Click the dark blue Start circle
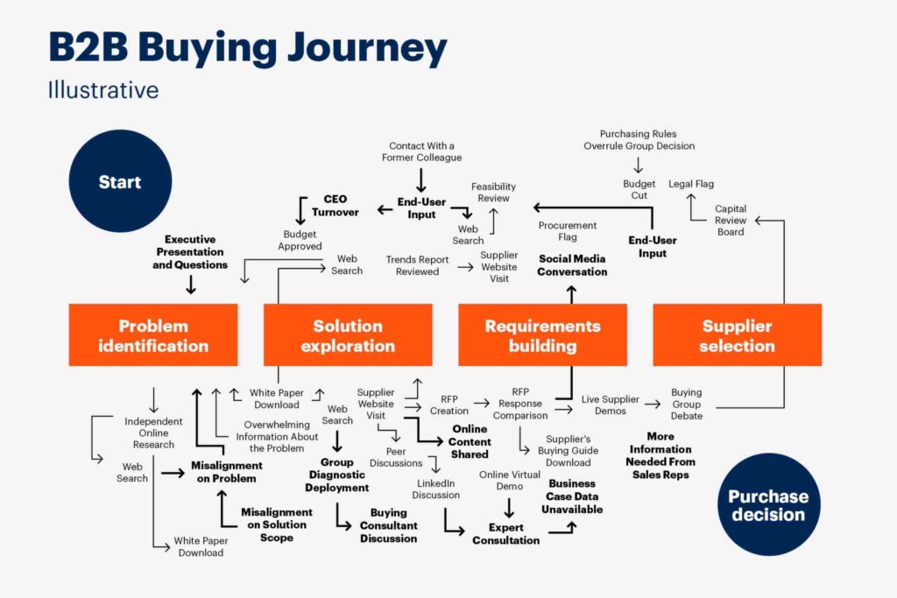pyautogui.click(x=119, y=183)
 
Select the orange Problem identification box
pyautogui.click(x=153, y=335)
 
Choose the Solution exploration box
pyautogui.click(x=348, y=335)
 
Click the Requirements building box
pyautogui.click(x=542, y=335)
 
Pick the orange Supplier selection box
pyautogui.click(x=737, y=335)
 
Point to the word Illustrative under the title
pyautogui.click(x=103, y=89)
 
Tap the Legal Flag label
pyautogui.click(x=691, y=184)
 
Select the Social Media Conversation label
pyautogui.click(x=573, y=265)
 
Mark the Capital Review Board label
pyautogui.click(x=731, y=221)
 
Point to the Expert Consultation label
pyautogui.click(x=506, y=534)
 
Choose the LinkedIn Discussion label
pyautogui.click(x=437, y=489)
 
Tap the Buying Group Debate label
pyautogui.click(x=687, y=405)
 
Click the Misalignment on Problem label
pyautogui.click(x=227, y=472)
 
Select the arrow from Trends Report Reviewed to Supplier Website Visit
pyautogui.click(x=464, y=266)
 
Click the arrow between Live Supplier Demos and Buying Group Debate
pyautogui.click(x=651, y=404)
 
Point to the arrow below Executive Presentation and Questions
pyautogui.click(x=191, y=284)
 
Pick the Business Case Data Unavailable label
pyautogui.click(x=572, y=496)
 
